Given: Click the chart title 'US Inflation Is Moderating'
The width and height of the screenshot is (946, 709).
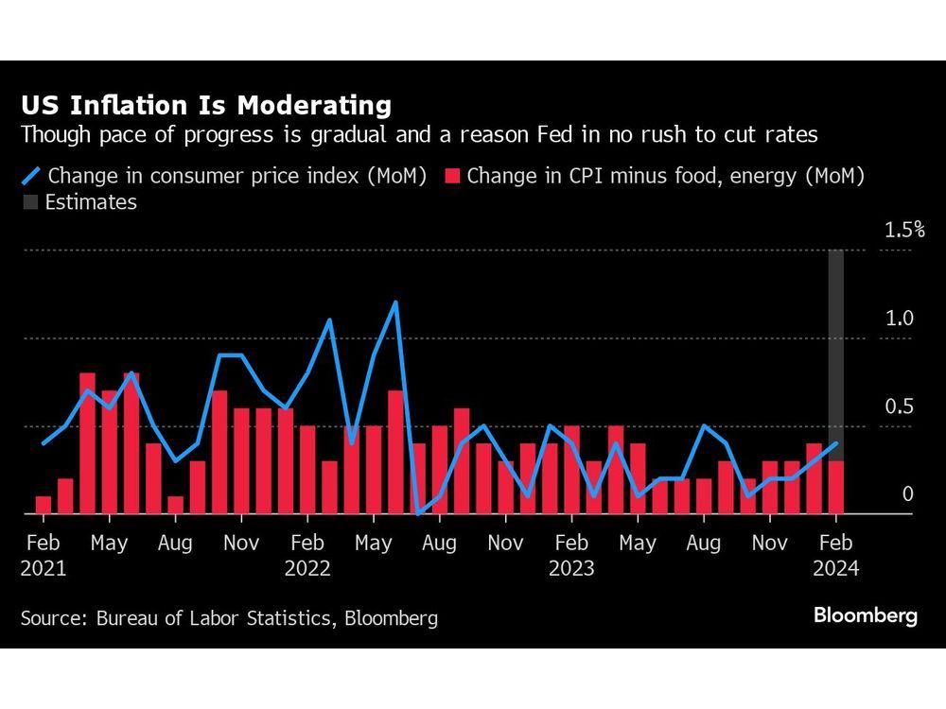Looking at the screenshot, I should click(206, 104).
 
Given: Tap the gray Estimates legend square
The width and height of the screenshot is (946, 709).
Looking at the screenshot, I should click(30, 202).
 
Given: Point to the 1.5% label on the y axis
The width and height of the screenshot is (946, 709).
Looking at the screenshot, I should click(903, 230).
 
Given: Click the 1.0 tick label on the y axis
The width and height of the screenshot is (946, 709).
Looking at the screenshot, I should click(899, 319).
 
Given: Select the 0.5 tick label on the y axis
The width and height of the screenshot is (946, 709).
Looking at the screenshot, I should click(899, 406).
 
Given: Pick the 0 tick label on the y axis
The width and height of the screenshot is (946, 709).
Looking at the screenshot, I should click(907, 494).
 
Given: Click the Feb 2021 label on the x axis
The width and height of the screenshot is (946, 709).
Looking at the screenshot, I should click(44, 555).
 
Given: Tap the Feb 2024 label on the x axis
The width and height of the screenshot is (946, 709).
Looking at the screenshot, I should click(835, 555).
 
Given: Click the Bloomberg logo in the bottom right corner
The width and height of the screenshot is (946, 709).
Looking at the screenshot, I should click(865, 616).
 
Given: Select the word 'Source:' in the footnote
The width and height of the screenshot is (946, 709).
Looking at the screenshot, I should click(55, 619).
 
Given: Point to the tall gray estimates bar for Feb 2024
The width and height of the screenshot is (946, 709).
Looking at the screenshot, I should click(836, 350).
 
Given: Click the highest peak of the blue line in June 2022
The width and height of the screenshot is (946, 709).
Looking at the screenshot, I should click(395, 303).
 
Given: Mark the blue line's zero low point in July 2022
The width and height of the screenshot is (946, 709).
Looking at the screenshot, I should click(417, 513).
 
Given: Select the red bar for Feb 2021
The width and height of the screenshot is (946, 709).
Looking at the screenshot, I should click(44, 505).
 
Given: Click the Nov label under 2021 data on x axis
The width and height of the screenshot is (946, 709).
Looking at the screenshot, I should click(241, 544).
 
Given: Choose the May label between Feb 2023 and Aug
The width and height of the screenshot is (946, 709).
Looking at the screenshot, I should click(637, 544).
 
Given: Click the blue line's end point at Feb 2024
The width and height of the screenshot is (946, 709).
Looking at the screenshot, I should click(836, 443).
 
